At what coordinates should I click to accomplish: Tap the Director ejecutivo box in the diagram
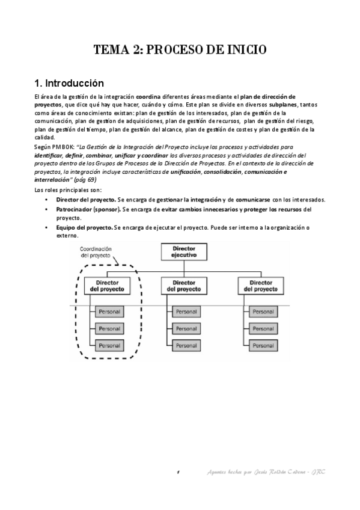pyautogui.click(x=183, y=251)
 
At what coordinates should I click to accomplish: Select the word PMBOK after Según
pyautogui.click(x=63, y=146)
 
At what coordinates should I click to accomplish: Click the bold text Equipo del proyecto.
pyautogui.click(x=84, y=229)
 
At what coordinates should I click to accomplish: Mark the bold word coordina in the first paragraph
pyautogui.click(x=148, y=97)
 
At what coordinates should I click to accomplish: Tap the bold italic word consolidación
pyautogui.click(x=228, y=172)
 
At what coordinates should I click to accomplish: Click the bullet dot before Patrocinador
pyautogui.click(x=47, y=210)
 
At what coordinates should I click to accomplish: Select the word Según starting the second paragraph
pyautogui.click(x=44, y=146)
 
